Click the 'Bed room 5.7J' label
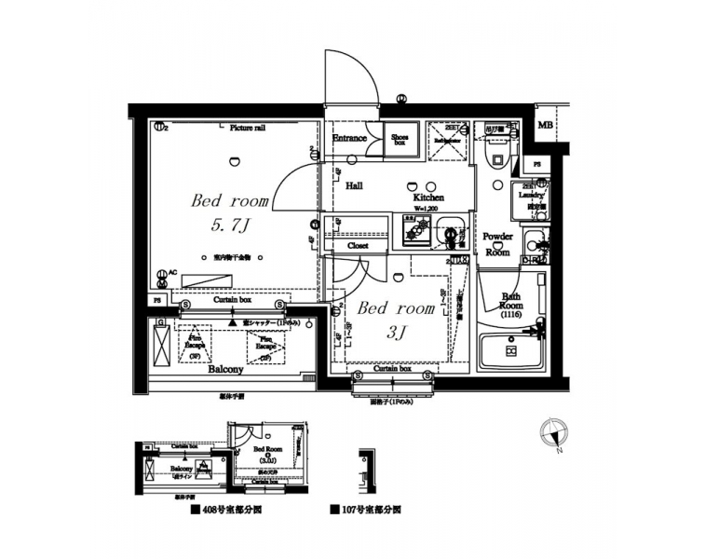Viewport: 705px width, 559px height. (x=229, y=211)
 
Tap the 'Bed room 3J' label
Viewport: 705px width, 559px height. (x=396, y=320)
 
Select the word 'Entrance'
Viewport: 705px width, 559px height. (x=349, y=139)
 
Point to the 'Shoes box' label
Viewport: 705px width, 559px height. (x=400, y=140)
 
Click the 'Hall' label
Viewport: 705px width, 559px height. (x=354, y=185)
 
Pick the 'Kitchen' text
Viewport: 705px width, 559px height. (x=428, y=198)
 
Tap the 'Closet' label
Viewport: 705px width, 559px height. (x=358, y=246)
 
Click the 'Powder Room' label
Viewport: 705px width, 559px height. (x=497, y=244)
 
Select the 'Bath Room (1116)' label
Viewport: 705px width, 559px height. (x=510, y=305)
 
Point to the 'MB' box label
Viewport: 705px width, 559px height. (x=545, y=125)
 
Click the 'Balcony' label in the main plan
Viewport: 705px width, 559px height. (x=225, y=369)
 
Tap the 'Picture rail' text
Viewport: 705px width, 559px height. (x=247, y=128)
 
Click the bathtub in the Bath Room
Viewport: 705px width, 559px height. (x=510, y=351)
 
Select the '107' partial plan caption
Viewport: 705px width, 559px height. (x=367, y=511)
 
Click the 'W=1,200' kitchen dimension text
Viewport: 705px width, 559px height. (x=427, y=209)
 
